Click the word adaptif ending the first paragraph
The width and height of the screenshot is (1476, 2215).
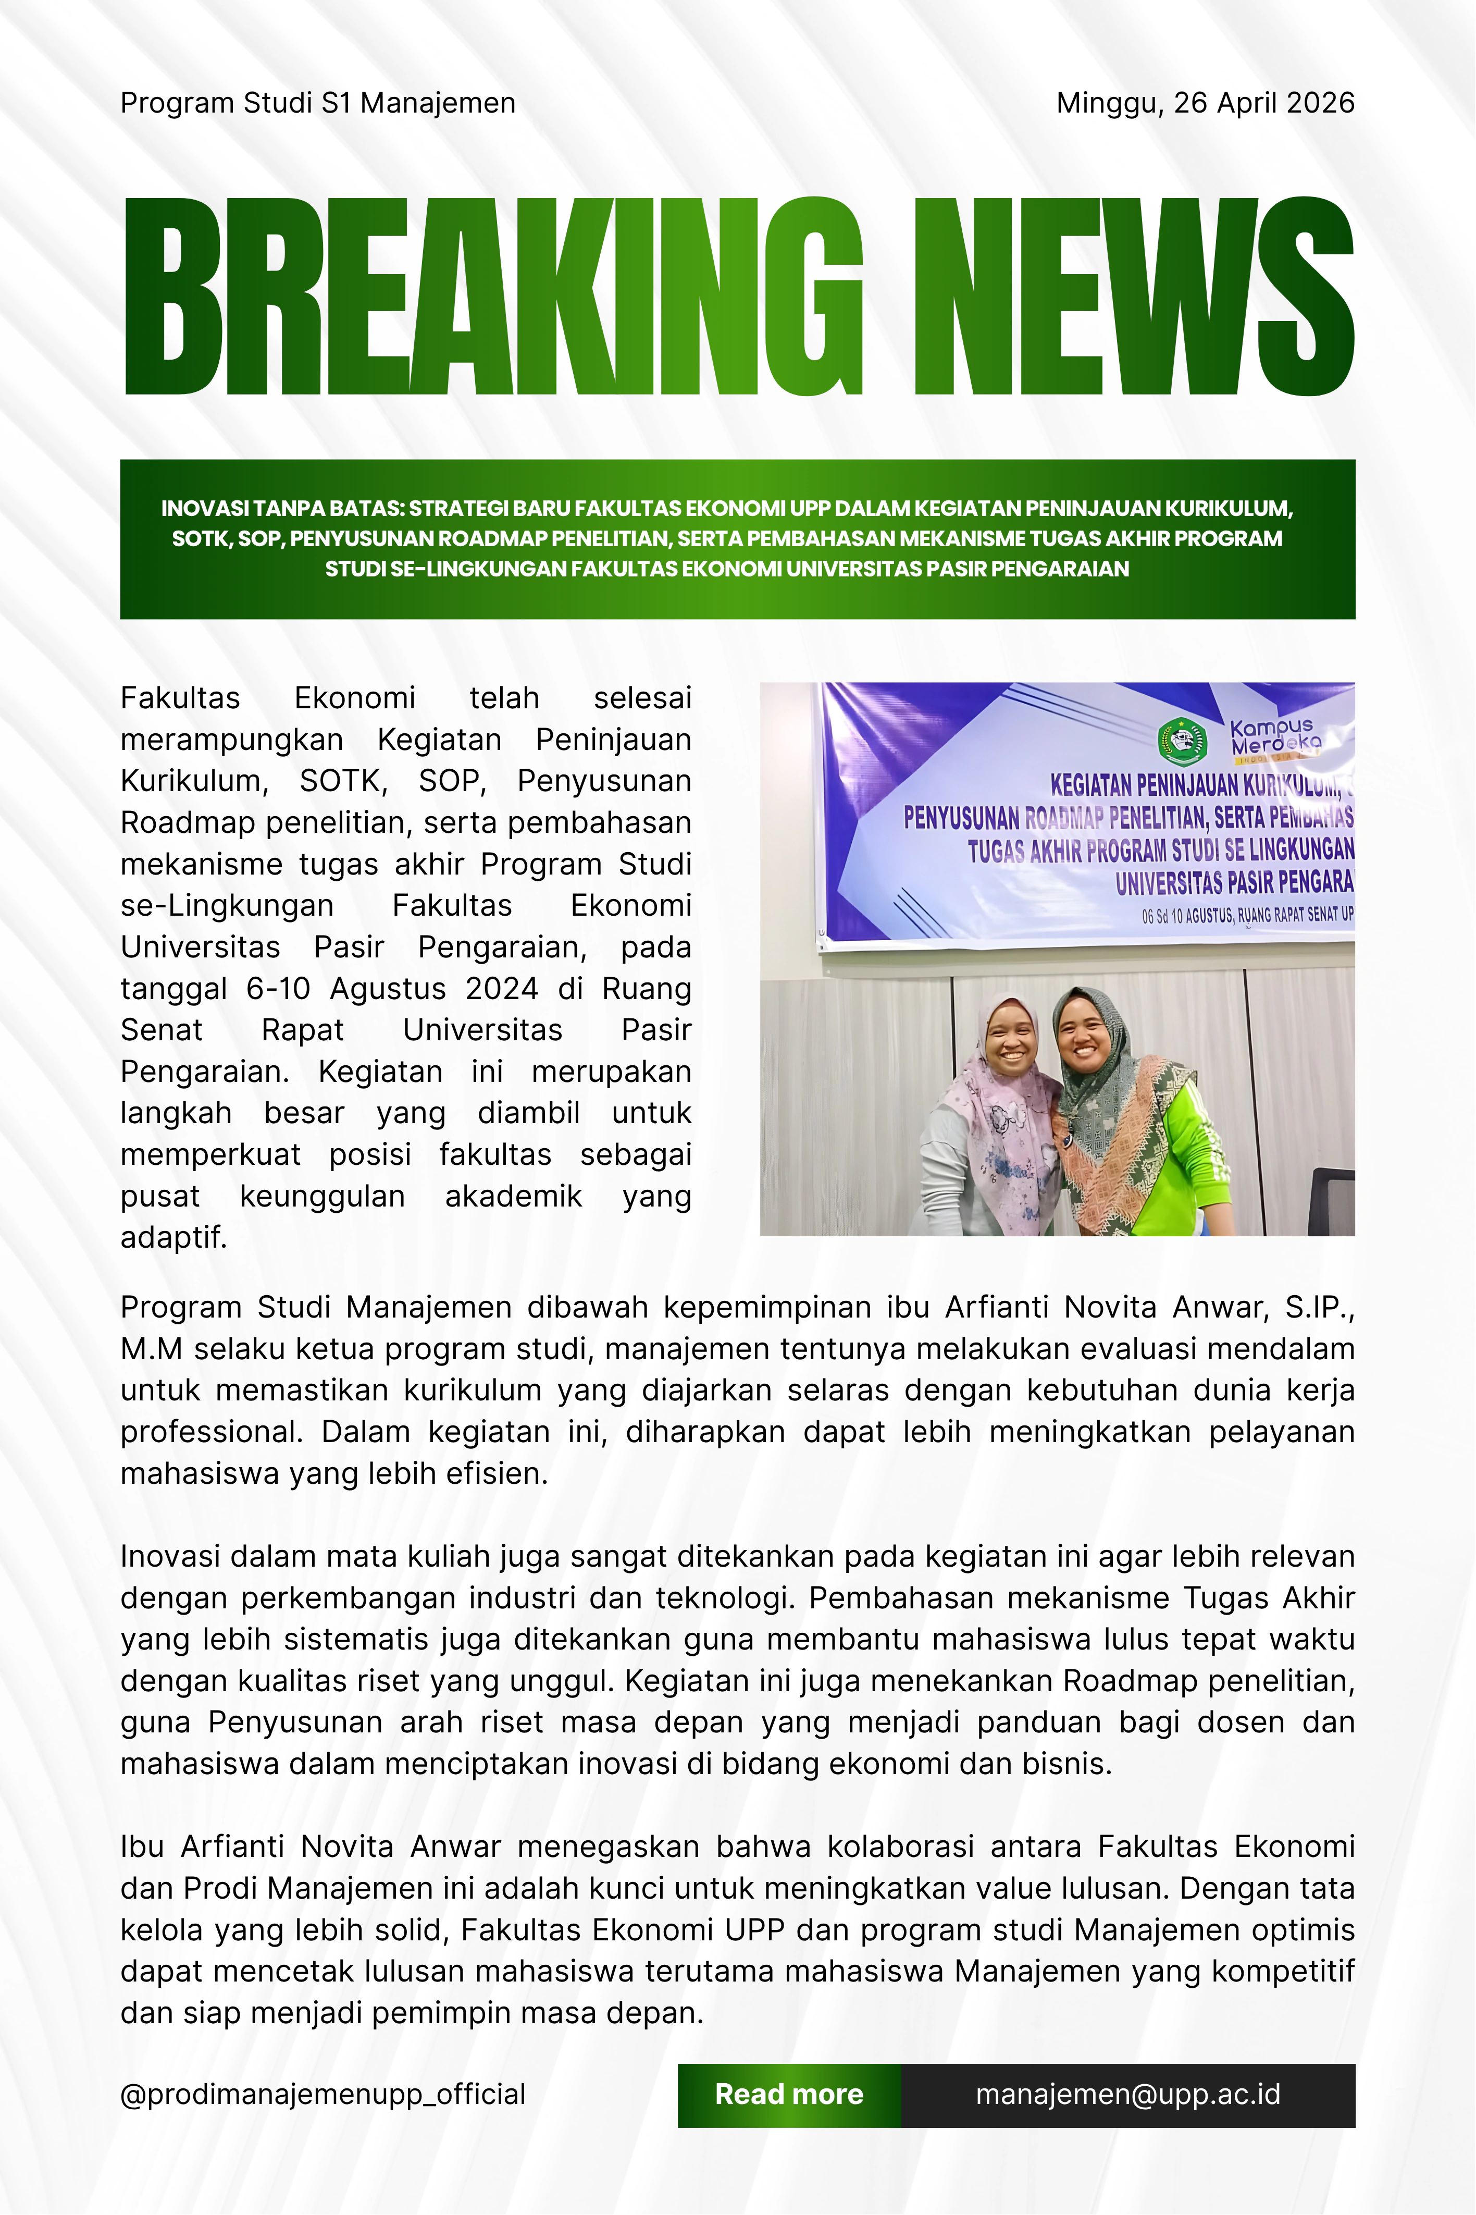pyautogui.click(x=173, y=1237)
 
